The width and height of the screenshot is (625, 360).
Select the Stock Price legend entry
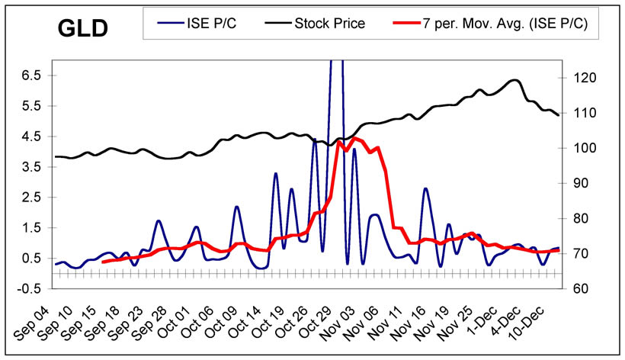pyautogui.click(x=329, y=24)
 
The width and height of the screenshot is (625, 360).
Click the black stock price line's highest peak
pyautogui.click(x=515, y=79)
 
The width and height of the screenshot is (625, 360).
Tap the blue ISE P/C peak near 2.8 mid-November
pyautogui.click(x=425, y=188)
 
